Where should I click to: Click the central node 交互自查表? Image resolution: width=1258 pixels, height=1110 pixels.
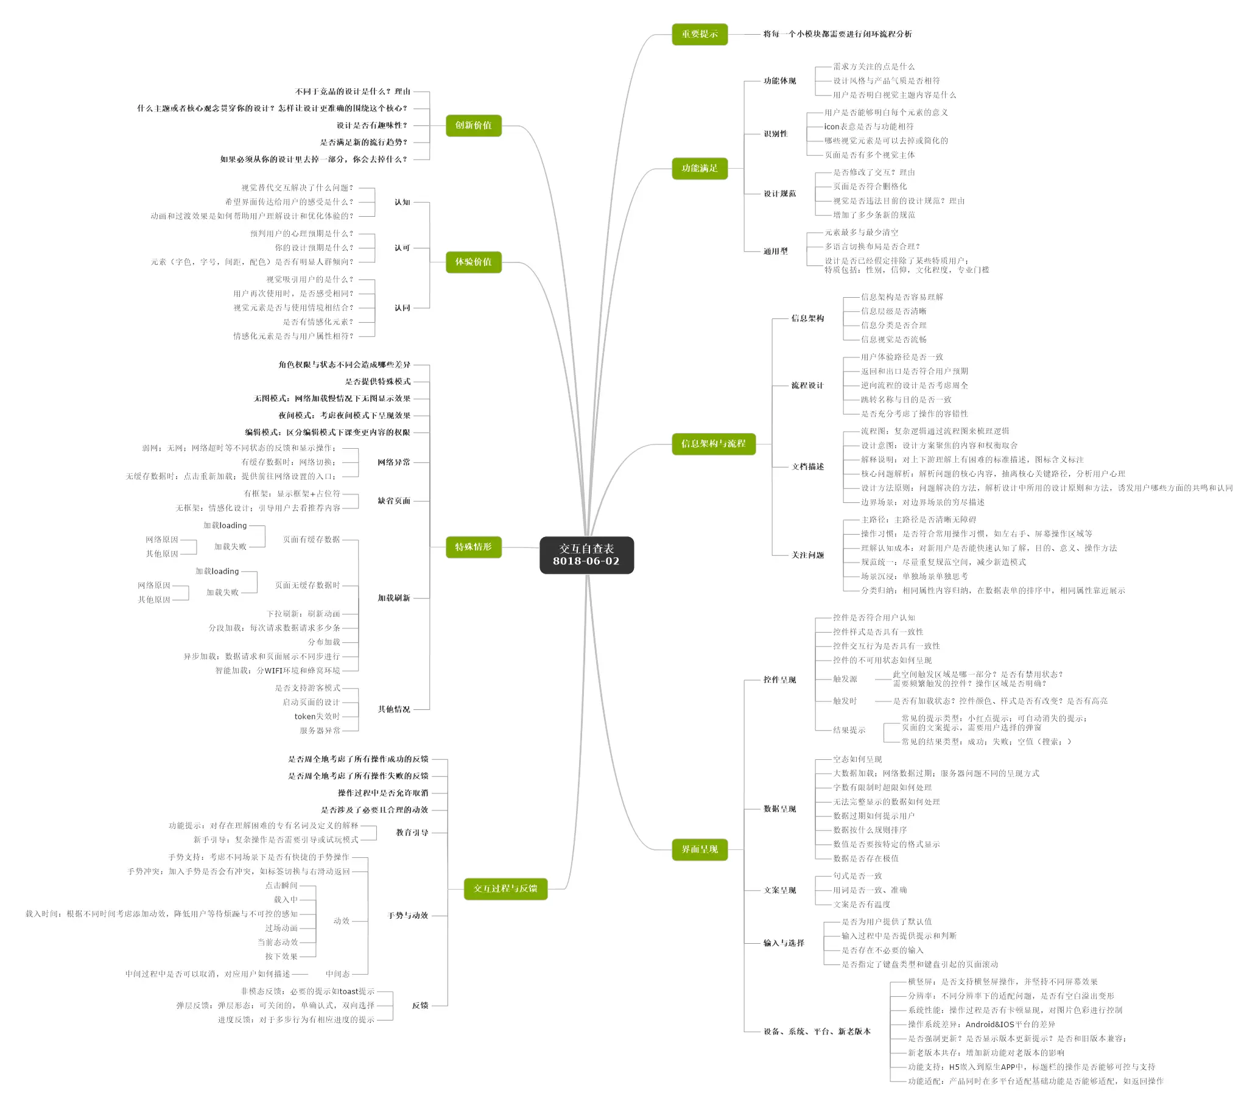pos(586,554)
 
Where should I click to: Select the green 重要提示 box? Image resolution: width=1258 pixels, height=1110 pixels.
pos(699,34)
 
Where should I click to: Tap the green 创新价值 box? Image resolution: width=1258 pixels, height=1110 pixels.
pos(473,125)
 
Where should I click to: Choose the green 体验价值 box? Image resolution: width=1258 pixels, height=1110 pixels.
pos(473,262)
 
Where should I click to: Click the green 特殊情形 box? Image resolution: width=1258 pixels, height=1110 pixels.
pos(473,547)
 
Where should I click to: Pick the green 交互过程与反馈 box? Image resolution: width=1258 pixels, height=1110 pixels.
pos(505,888)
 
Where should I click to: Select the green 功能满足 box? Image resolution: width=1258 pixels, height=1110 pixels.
pos(699,168)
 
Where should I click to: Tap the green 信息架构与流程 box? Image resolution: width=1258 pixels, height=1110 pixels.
pos(713,444)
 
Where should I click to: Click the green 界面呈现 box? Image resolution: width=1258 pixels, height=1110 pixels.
pos(699,849)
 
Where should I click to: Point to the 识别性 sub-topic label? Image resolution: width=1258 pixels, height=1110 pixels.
pos(776,133)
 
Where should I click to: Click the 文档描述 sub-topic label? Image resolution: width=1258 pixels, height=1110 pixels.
pos(807,466)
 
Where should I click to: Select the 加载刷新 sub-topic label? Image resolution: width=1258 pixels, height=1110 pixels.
pos(394,598)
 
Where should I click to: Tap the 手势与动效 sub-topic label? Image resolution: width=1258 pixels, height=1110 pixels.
pos(407,916)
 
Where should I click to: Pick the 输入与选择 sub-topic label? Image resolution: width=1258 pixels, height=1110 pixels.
pos(784,943)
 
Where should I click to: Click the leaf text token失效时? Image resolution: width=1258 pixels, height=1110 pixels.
pos(317,716)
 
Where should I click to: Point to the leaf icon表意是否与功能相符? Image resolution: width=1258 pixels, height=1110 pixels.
pos(868,127)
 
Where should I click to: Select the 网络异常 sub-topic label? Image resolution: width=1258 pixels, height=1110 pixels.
pos(394,462)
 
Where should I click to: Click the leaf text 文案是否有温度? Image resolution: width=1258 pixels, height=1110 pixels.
pos(862,904)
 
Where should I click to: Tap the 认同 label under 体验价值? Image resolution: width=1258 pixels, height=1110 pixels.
pos(402,307)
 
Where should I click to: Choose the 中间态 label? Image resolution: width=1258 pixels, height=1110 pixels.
pos(337,974)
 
